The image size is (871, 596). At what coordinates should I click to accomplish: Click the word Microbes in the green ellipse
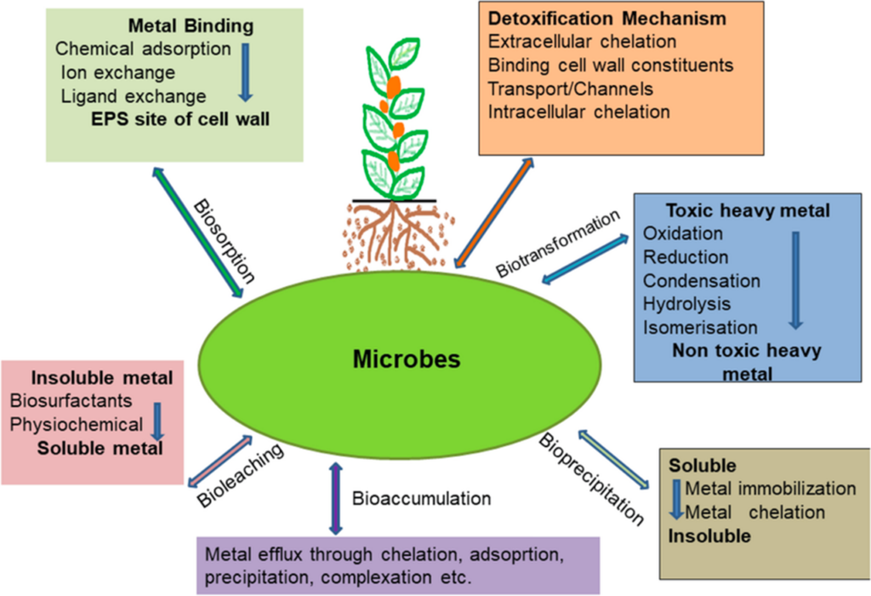[x=407, y=359]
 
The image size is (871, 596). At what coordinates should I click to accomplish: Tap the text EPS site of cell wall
[x=181, y=119]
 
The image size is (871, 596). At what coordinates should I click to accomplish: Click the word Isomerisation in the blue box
[x=700, y=326]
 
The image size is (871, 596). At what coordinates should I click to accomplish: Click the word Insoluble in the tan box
[x=709, y=536]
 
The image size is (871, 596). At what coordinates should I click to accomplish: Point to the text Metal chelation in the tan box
[x=754, y=513]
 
